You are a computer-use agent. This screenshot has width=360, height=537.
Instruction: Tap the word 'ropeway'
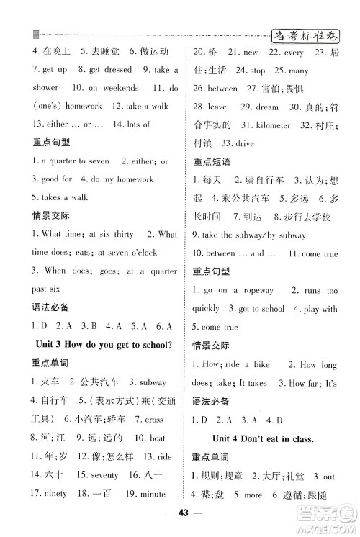click(x=256, y=290)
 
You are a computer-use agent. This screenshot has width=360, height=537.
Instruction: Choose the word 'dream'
click(x=266, y=107)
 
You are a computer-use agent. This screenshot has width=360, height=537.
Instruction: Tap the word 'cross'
click(x=154, y=419)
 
